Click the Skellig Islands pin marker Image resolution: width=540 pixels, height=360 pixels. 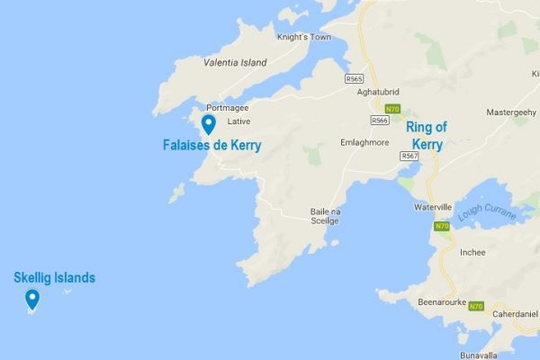(32, 299)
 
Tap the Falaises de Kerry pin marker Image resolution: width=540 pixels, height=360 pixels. (208, 123)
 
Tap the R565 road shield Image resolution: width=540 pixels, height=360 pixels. (354, 79)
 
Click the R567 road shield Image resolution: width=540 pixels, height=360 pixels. (409, 156)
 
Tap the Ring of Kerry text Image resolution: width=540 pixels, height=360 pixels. (426, 136)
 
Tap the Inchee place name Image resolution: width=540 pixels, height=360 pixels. (473, 252)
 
